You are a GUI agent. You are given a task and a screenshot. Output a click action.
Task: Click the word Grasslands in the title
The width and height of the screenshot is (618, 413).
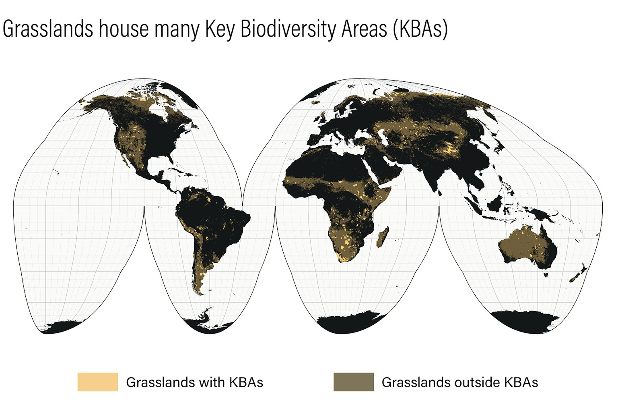click(x=48, y=29)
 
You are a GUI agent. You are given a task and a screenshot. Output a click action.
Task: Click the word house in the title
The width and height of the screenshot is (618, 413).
click(x=124, y=29)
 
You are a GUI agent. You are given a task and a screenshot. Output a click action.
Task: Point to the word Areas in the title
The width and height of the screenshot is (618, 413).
click(x=364, y=29)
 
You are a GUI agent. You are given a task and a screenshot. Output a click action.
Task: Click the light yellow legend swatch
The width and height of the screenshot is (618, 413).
click(x=98, y=382)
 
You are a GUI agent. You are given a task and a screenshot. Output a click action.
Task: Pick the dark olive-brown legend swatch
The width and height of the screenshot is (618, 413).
click(x=354, y=382)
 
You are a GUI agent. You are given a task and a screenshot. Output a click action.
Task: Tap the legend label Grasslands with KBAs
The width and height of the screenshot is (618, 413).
click(x=194, y=382)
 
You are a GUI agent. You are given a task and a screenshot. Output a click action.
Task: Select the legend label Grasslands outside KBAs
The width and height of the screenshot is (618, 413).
click(x=460, y=382)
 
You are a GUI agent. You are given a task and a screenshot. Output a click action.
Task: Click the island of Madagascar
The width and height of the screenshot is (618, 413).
click(x=383, y=237)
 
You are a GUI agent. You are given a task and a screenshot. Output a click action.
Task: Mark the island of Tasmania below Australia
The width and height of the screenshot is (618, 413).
click(x=546, y=275)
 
